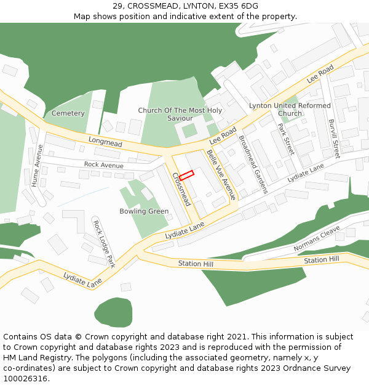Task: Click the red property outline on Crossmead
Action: point(186,176)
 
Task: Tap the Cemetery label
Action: point(68,113)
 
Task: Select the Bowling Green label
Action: point(144,211)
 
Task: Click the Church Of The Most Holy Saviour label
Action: point(180,114)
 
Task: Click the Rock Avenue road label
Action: point(103,165)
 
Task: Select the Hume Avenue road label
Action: point(36,165)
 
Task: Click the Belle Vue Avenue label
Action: point(221,174)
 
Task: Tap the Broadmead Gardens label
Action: point(253,164)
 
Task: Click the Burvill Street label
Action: point(334,139)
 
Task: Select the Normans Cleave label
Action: point(317,238)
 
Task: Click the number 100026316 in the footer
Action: point(25,378)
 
